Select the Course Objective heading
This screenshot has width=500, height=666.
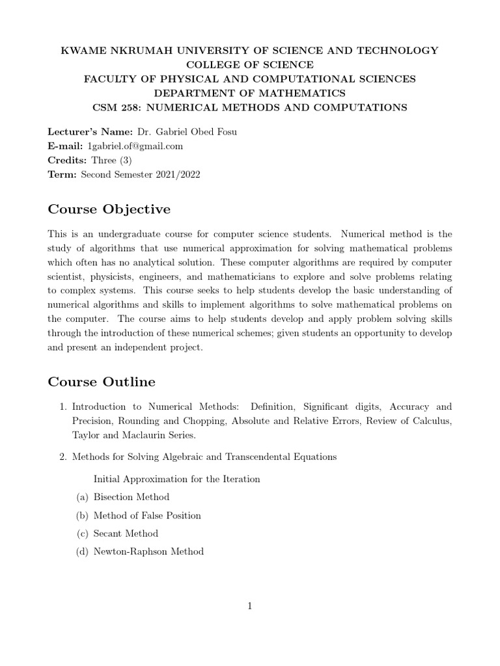coord(109,209)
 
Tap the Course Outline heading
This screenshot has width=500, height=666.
coord(102,381)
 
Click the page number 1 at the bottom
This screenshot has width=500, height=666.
coord(249,606)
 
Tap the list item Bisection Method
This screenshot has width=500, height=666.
coord(132,497)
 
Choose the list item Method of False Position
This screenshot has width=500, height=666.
coord(147,515)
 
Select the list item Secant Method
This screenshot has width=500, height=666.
coord(126,533)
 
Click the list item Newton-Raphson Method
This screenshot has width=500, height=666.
coord(148,552)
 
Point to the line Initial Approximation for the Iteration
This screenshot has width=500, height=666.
coord(176,479)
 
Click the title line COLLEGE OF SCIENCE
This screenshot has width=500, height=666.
coord(249,64)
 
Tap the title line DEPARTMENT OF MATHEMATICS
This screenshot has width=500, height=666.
coord(249,93)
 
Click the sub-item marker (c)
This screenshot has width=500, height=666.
coord(82,533)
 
